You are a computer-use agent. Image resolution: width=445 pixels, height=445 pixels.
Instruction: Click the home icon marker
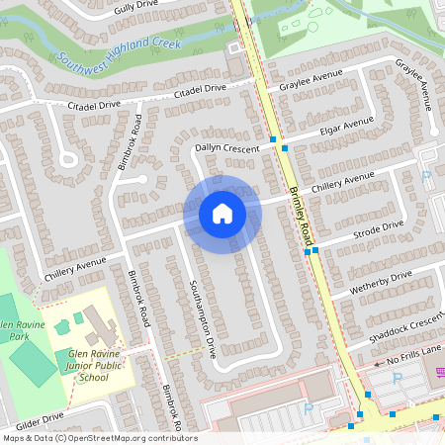[222, 214]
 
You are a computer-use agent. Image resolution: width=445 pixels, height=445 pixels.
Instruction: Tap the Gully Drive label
[136, 7]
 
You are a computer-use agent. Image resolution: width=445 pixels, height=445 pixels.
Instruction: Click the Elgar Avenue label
[345, 127]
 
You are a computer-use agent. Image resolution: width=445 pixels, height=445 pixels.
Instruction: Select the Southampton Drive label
[202, 317]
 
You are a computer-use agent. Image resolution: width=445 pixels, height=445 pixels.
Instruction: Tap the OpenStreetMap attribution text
[99, 437]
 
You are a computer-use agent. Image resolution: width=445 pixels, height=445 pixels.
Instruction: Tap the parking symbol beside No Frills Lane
[398, 378]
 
